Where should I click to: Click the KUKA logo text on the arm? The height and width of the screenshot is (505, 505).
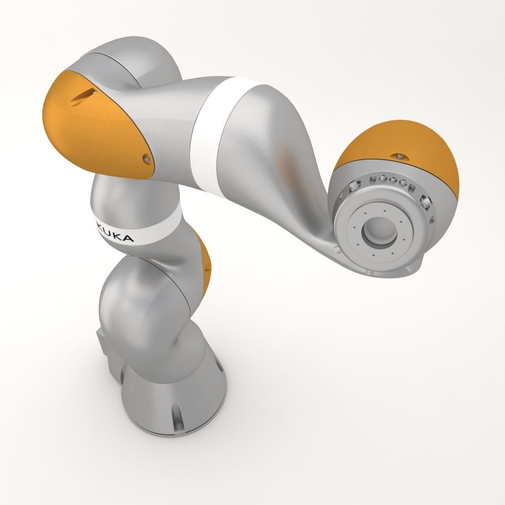pos(115,233)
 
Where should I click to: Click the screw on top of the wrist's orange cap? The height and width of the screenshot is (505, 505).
pos(400,157)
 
